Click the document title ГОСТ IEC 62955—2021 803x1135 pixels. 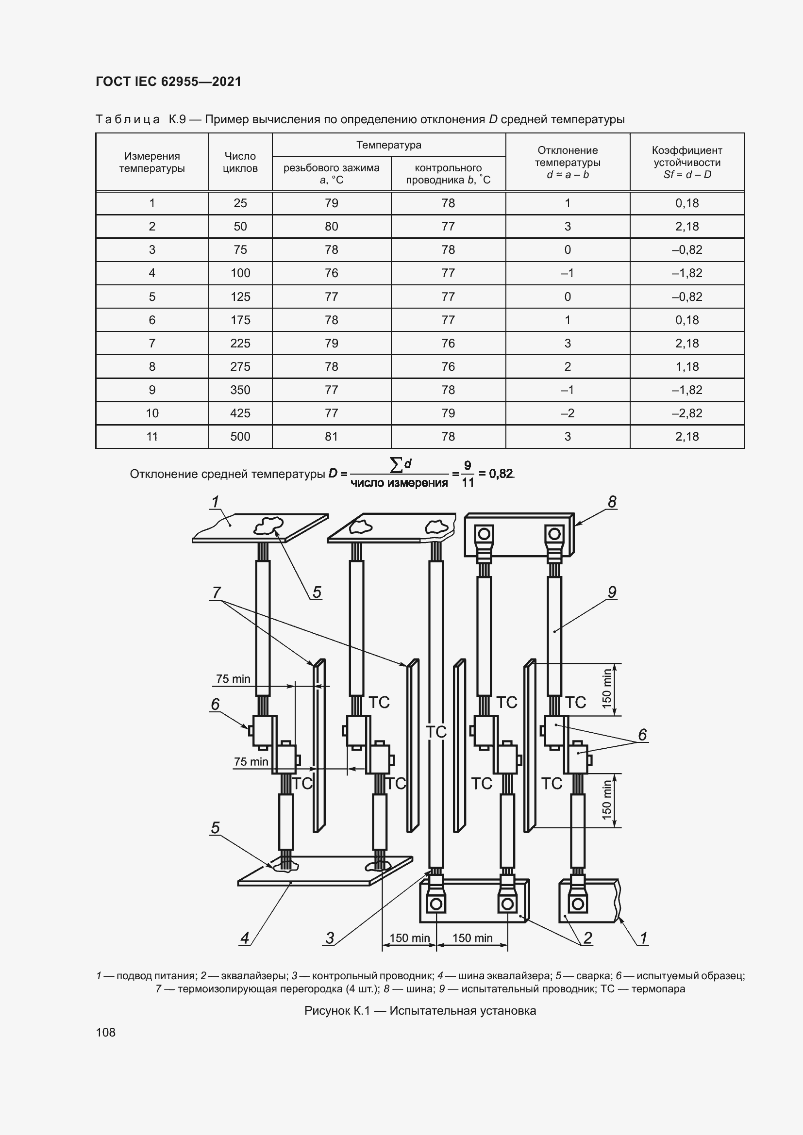click(168, 82)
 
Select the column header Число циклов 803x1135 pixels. click(240, 162)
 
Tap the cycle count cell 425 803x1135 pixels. click(240, 413)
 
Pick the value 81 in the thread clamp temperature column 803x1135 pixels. click(331, 437)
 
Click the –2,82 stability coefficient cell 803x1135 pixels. click(687, 413)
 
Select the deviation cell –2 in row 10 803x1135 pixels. click(567, 413)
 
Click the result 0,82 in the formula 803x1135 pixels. click(501, 474)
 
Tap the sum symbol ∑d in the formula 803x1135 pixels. click(401, 464)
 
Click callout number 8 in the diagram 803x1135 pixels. click(612, 502)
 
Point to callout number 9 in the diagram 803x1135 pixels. click(612, 592)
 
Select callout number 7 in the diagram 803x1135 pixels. click(216, 592)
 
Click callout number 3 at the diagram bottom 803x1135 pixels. click(330, 938)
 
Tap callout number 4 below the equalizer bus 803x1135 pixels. click(245, 938)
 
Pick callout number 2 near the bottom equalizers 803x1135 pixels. click(587, 938)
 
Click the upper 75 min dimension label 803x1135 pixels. click(233, 679)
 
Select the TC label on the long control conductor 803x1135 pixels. click(435, 732)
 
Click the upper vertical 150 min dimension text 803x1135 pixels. click(607, 689)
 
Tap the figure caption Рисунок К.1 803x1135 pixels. click(420, 1010)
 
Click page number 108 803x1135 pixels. click(106, 1032)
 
